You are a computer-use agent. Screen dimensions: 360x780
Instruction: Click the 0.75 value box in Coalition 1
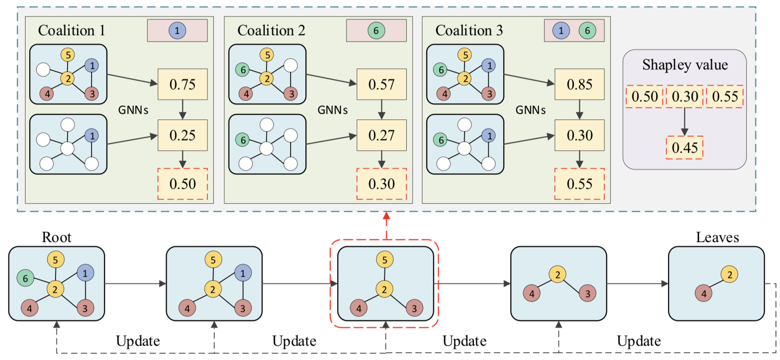point(182,84)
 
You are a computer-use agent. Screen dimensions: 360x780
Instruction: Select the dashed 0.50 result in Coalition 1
point(182,184)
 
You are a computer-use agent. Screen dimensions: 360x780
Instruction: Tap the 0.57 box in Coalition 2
point(381,84)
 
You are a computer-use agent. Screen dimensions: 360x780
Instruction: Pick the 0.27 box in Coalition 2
point(381,135)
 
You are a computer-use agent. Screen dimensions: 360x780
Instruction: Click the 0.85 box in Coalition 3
point(579,84)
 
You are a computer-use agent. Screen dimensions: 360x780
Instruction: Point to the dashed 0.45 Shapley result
point(684,148)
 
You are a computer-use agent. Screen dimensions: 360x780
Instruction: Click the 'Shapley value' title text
point(685,65)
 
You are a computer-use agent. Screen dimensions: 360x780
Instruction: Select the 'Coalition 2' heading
point(271,31)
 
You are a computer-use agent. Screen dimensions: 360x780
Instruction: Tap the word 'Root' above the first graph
point(56,237)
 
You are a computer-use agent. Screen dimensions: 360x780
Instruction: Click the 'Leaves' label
point(717,237)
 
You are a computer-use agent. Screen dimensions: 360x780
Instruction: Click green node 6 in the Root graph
point(25,278)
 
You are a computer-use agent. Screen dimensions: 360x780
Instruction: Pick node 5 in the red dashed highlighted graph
point(384,260)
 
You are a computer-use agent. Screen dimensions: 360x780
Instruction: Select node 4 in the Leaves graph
point(704,293)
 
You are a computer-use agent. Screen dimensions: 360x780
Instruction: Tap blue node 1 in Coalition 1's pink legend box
point(177,31)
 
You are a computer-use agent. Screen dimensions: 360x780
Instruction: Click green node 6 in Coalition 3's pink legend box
point(587,31)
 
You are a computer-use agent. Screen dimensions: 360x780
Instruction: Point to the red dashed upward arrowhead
point(386,216)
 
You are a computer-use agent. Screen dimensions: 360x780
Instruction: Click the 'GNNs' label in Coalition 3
point(531,110)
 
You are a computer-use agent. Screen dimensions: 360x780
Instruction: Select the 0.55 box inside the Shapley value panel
point(724,97)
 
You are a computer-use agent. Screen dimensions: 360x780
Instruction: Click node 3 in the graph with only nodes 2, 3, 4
point(588,293)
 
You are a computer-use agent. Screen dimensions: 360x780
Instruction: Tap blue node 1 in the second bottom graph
point(242,273)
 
